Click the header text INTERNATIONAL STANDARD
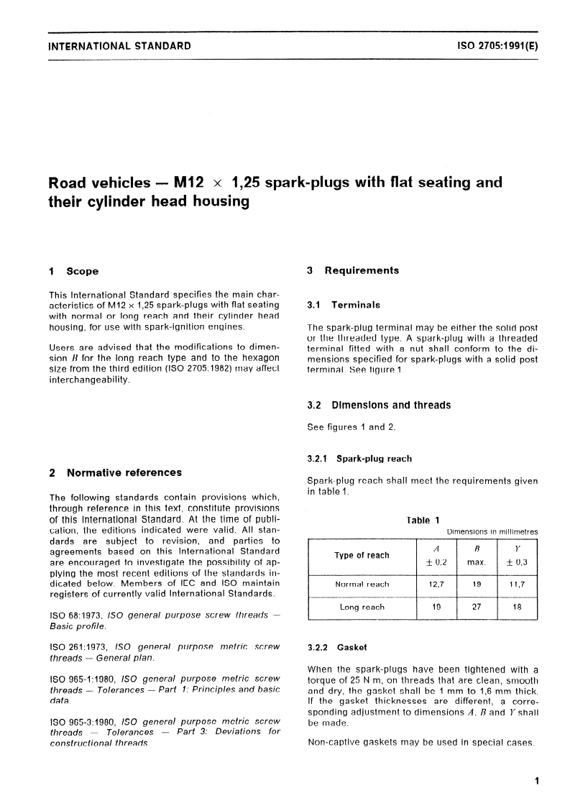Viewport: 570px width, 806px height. click(119, 46)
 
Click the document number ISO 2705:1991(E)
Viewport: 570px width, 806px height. click(497, 46)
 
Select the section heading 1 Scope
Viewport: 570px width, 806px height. click(73, 271)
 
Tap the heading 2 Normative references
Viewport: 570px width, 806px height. click(114, 472)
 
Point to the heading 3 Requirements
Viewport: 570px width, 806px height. click(352, 270)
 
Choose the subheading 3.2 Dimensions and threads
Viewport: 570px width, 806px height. click(379, 405)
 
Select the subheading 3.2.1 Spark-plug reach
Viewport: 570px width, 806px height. click(359, 458)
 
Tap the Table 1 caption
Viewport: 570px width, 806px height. click(423, 520)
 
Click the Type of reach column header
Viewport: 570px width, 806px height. click(362, 555)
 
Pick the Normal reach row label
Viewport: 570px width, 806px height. click(362, 584)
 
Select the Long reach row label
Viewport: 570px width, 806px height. click(362, 607)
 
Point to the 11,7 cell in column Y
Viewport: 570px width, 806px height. click(516, 584)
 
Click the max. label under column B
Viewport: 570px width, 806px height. click(477, 562)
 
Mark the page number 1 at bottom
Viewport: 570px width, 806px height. click(535, 782)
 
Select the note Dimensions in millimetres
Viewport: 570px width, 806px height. click(492, 532)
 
